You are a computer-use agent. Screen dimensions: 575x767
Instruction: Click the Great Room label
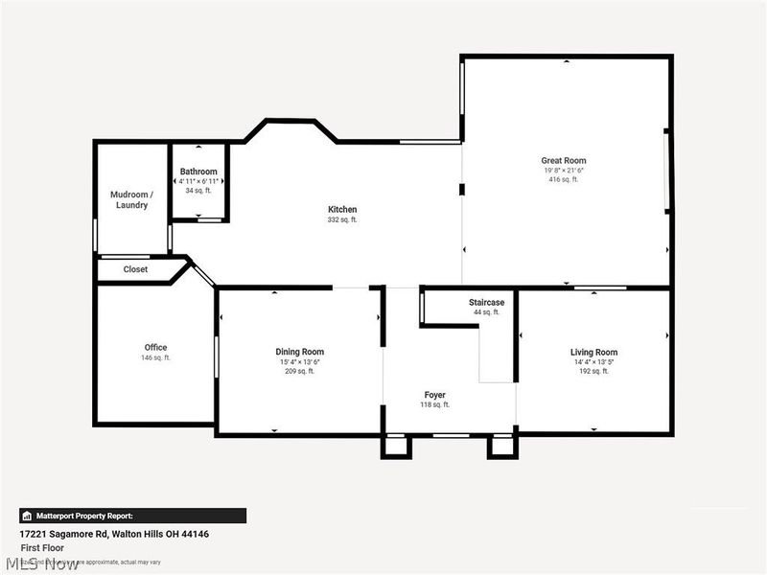coord(563,160)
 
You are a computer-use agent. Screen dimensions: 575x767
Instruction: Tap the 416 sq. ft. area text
coord(563,179)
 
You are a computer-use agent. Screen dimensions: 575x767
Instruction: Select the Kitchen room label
coord(342,209)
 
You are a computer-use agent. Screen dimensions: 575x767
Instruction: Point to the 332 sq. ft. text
coord(342,219)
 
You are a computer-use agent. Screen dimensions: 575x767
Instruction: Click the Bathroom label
coord(198,172)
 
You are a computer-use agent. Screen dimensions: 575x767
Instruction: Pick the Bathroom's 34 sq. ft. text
coord(198,191)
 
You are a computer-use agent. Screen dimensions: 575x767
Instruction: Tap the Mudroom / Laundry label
coord(129,199)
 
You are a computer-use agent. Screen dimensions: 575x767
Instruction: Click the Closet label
coord(135,269)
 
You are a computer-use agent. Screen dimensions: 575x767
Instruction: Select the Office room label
coord(155,347)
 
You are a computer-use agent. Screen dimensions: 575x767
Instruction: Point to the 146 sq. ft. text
coord(155,357)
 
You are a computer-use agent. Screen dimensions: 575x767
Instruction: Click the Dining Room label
coord(300,352)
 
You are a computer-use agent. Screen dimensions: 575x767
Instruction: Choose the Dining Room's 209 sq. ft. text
coord(300,371)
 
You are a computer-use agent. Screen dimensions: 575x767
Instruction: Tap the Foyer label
coord(435,395)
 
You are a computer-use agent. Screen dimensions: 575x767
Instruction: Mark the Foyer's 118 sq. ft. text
coord(435,405)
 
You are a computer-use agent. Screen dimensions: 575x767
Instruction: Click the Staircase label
coord(486,302)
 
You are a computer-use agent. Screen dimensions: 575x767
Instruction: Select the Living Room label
coord(593,352)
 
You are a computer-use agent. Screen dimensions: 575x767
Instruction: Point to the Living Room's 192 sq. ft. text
coord(593,371)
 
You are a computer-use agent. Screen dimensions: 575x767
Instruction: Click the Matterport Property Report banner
coord(132,516)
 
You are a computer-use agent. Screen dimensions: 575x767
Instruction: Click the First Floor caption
coord(43,548)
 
